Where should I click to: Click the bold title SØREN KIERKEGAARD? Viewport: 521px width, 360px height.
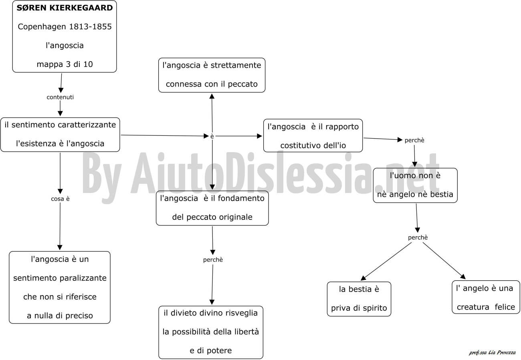click(x=65, y=8)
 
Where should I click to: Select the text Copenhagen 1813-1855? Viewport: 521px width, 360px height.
click(x=65, y=27)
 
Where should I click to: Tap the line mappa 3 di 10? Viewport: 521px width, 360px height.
click(x=65, y=64)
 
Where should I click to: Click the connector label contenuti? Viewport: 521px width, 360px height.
click(x=60, y=97)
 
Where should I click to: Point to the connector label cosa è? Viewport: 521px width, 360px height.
click(x=60, y=199)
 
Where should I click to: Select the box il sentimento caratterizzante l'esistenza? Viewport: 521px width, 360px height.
click(x=60, y=135)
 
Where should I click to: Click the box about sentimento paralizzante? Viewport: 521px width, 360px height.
click(x=60, y=288)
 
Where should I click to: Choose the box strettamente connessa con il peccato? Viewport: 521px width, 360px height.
click(x=212, y=75)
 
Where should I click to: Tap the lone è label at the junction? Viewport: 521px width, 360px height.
click(x=212, y=137)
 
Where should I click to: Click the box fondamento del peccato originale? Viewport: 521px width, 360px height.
click(x=212, y=208)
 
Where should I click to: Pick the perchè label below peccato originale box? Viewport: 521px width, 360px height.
click(x=213, y=259)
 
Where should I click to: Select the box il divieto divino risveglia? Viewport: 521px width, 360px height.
click(x=211, y=332)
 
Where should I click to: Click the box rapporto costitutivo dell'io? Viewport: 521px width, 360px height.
click(x=313, y=136)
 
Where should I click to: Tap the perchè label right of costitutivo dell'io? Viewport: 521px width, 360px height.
click(x=414, y=140)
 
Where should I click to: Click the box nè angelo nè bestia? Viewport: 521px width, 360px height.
click(x=415, y=185)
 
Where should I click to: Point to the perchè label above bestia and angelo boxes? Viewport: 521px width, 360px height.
click(x=418, y=237)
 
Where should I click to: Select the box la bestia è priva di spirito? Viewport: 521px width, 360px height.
click(x=359, y=299)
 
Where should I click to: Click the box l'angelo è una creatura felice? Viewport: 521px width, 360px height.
click(x=486, y=297)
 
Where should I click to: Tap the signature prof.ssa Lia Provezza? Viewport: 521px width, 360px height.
click(x=492, y=352)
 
